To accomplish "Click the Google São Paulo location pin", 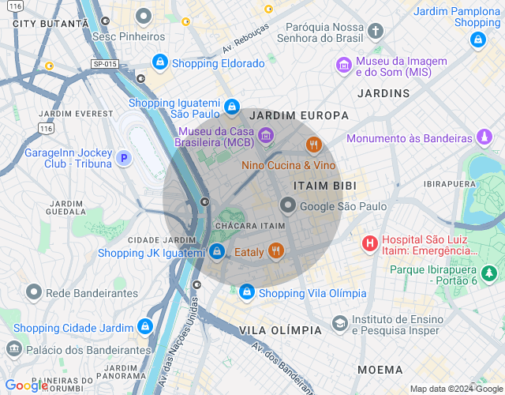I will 288,206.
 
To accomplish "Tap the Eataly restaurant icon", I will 275,252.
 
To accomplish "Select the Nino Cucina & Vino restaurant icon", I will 313,145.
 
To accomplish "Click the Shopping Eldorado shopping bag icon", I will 160,62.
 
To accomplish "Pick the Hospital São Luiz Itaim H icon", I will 368,243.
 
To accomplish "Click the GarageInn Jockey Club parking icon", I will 123,158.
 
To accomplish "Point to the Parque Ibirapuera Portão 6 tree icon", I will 490,274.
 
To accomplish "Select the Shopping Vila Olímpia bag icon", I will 247,292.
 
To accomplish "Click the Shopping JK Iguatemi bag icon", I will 216,252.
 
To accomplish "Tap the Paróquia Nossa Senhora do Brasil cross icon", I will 376,32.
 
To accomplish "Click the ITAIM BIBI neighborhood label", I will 324,185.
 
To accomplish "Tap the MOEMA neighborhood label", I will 380,369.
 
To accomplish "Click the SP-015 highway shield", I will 104,63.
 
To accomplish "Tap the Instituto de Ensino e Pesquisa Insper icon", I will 339,323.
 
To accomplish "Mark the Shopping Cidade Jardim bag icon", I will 144,326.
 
